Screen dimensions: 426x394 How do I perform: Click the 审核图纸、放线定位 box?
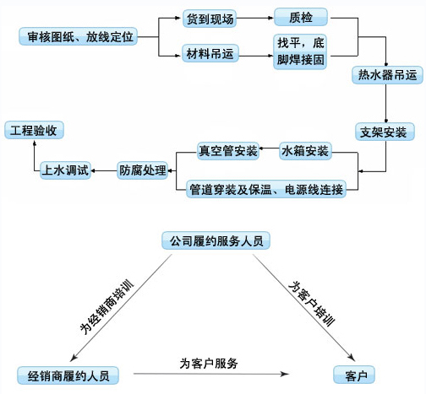pyautogui.click(x=78, y=36)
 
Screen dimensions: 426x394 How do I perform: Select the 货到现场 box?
pyautogui.click(x=210, y=19)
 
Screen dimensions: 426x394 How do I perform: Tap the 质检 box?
pyautogui.click(x=301, y=17)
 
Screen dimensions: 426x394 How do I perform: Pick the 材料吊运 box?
pyautogui.click(x=210, y=53)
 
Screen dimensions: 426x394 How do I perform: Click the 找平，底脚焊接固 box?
pyautogui.click(x=300, y=51)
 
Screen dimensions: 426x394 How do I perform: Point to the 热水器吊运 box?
pyautogui.click(x=387, y=75)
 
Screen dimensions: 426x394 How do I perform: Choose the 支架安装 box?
pyautogui.click(x=385, y=132)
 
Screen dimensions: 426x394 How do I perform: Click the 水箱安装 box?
pyautogui.click(x=305, y=151)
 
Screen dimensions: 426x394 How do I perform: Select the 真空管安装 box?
pyautogui.click(x=228, y=151)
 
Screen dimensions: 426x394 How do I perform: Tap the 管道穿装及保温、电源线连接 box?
pyautogui.click(x=266, y=189)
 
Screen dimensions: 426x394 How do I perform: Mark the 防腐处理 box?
pyautogui.click(x=143, y=170)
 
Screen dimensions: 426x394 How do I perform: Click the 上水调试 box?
pyautogui.click(x=65, y=170)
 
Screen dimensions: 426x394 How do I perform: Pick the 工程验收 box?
pyautogui.click(x=34, y=130)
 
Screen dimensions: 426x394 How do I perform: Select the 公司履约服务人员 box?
pyautogui.click(x=216, y=240)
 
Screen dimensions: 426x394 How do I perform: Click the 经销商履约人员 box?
pyautogui.click(x=68, y=375)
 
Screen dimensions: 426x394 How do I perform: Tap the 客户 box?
pyautogui.click(x=354, y=375)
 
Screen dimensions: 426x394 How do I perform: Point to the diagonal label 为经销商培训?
pyautogui.click(x=106, y=307)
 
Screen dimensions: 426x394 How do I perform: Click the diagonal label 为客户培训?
pyautogui.click(x=312, y=304)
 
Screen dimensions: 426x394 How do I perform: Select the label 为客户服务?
pyautogui.click(x=209, y=364)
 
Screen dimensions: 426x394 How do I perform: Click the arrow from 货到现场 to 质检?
pyautogui.click(x=255, y=18)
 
